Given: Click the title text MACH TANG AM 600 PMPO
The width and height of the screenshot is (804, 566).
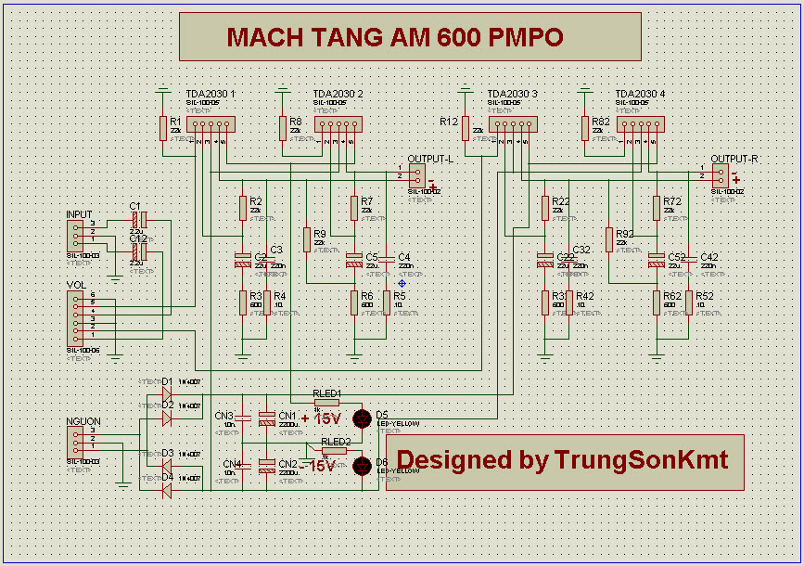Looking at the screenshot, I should click(395, 37).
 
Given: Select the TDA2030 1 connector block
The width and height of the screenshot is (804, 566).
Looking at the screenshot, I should click(211, 124).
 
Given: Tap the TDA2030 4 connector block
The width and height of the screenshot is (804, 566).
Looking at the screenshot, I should click(642, 124).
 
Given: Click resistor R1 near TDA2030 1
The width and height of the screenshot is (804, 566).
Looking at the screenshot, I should click(163, 128).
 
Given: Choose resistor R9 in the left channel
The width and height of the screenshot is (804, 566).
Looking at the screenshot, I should click(306, 239).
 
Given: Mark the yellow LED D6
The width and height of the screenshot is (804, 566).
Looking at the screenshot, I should click(364, 466).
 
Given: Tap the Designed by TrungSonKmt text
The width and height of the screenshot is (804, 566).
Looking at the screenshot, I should click(563, 460).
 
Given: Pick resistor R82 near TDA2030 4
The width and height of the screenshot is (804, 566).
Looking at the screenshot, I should click(585, 128).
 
